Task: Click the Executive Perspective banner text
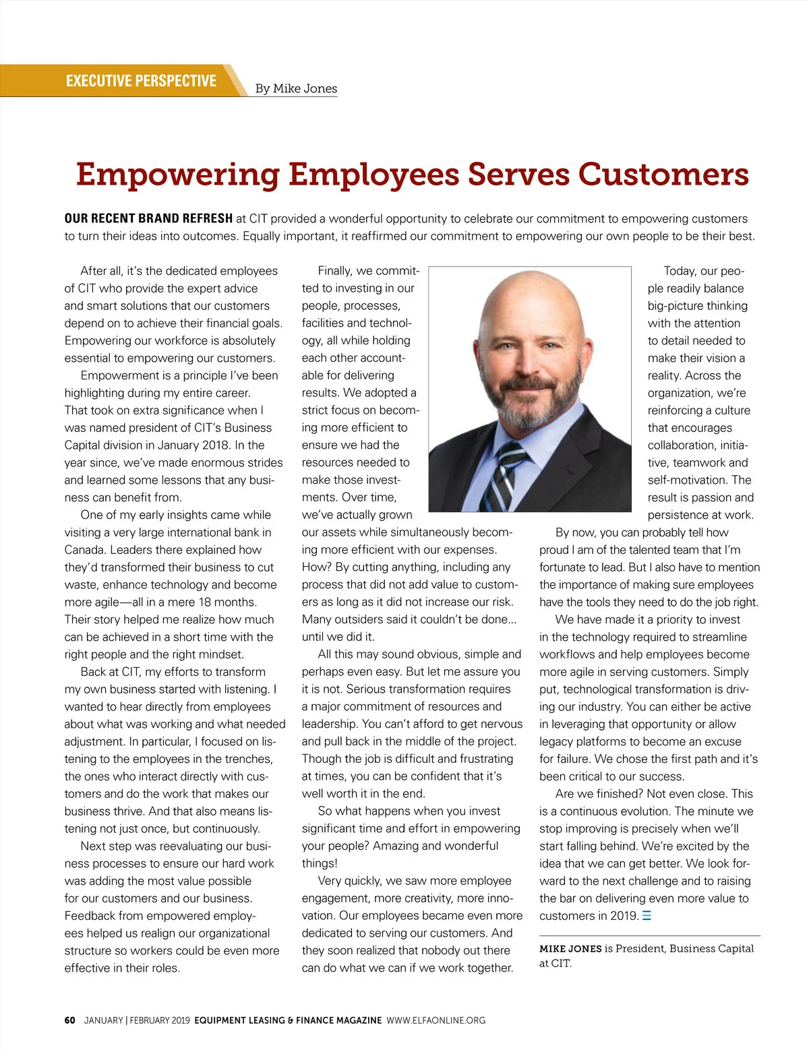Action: [x=141, y=81]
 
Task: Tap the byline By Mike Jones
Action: [x=296, y=88]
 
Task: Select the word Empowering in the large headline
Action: [x=177, y=174]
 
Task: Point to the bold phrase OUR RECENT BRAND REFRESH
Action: [x=148, y=218]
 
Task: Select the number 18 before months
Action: [x=206, y=602]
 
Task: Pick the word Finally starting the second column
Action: [x=335, y=271]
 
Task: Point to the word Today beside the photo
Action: [x=680, y=271]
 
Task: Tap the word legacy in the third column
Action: [x=557, y=741]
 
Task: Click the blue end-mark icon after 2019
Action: [x=647, y=916]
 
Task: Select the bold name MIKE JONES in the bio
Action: [x=570, y=949]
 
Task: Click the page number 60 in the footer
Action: [x=69, y=1020]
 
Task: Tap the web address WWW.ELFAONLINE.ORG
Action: [x=436, y=1020]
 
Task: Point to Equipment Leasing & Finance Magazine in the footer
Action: [x=288, y=1020]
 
